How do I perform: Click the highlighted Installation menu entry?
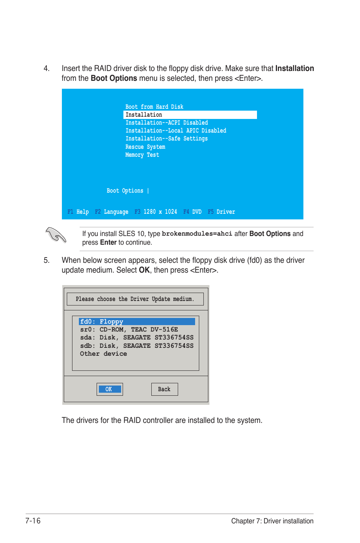click(144, 115)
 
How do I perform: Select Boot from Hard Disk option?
click(154, 107)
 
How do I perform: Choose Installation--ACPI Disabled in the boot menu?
click(166, 123)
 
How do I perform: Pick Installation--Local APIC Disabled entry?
click(176, 131)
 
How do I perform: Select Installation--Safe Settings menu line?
click(166, 139)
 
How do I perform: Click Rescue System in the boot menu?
click(145, 147)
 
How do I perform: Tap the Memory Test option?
click(142, 155)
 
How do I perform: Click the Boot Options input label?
click(125, 191)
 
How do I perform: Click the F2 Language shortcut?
click(112, 212)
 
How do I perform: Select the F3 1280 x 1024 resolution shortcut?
click(156, 212)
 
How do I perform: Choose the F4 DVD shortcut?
click(192, 212)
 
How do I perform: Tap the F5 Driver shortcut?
click(222, 212)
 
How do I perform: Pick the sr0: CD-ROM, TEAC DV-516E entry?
click(129, 330)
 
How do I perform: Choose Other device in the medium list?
click(103, 354)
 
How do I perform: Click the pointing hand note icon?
click(56, 235)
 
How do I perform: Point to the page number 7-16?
click(33, 521)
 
